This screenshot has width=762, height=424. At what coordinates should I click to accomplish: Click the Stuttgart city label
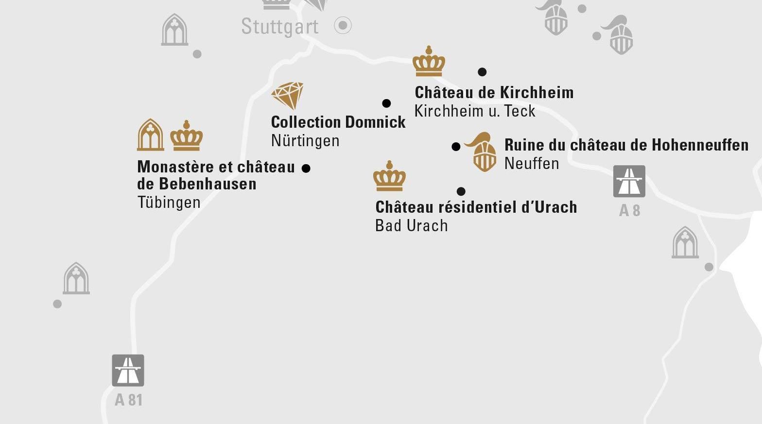point(279,26)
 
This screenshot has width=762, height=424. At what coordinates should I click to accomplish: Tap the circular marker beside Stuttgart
point(343,25)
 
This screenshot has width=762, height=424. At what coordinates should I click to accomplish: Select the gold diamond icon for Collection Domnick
point(288,95)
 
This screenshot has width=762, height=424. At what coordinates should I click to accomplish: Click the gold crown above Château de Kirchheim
point(429,62)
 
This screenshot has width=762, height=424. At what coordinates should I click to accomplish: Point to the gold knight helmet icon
point(482,152)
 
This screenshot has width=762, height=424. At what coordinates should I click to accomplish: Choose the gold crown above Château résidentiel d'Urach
point(389,176)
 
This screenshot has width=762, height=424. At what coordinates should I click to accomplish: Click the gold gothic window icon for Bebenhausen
point(151,135)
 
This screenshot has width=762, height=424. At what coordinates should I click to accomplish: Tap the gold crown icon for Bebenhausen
point(187,136)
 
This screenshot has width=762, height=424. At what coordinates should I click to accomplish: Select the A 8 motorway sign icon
point(629,181)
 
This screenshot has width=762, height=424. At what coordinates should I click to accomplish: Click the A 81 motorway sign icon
point(128,370)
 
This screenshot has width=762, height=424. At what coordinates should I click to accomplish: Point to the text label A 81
point(129,400)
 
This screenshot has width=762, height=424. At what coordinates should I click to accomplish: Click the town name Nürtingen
point(305,141)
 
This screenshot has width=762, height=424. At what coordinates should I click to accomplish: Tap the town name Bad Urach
point(412,226)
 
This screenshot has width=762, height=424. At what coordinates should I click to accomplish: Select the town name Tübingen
point(169,203)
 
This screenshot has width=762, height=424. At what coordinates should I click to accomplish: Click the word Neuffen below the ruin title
point(532,164)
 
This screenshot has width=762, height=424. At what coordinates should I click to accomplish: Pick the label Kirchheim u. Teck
point(475,111)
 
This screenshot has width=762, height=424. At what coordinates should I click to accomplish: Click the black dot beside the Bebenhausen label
point(306,169)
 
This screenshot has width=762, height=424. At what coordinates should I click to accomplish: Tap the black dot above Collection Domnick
point(386,103)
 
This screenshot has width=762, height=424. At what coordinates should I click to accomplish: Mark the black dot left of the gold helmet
point(456,147)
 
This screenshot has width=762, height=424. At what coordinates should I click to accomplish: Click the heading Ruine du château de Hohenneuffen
point(626,145)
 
